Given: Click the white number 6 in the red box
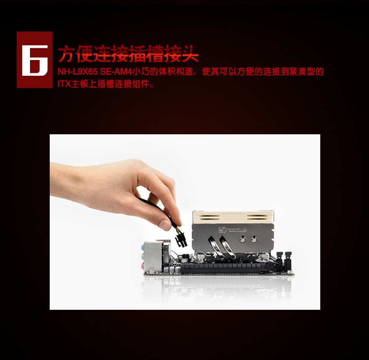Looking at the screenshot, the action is click(x=35, y=60).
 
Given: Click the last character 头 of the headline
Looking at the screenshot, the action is click(x=190, y=54).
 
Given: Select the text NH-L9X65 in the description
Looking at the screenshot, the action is click(x=78, y=72).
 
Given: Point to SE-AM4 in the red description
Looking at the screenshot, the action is click(x=116, y=72).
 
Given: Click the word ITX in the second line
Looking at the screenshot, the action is click(x=64, y=84).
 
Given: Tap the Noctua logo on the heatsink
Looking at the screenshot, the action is click(x=233, y=230).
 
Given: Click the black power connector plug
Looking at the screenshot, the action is click(x=181, y=240).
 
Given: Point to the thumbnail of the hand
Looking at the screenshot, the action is click(x=164, y=224).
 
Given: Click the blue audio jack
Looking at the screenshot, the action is click(x=142, y=247).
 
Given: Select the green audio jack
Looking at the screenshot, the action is click(x=142, y=257).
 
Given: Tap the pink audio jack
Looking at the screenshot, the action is click(x=142, y=266).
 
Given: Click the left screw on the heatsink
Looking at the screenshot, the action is click(x=242, y=240).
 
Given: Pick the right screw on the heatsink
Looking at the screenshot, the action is click(x=254, y=240).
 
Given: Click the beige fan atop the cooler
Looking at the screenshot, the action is click(x=233, y=217).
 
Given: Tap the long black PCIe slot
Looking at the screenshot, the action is click(x=223, y=268).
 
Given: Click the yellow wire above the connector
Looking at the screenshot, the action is click(x=176, y=229).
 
